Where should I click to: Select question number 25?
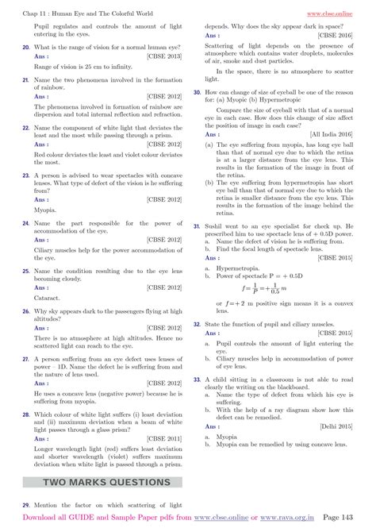[x=26, y=271]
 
